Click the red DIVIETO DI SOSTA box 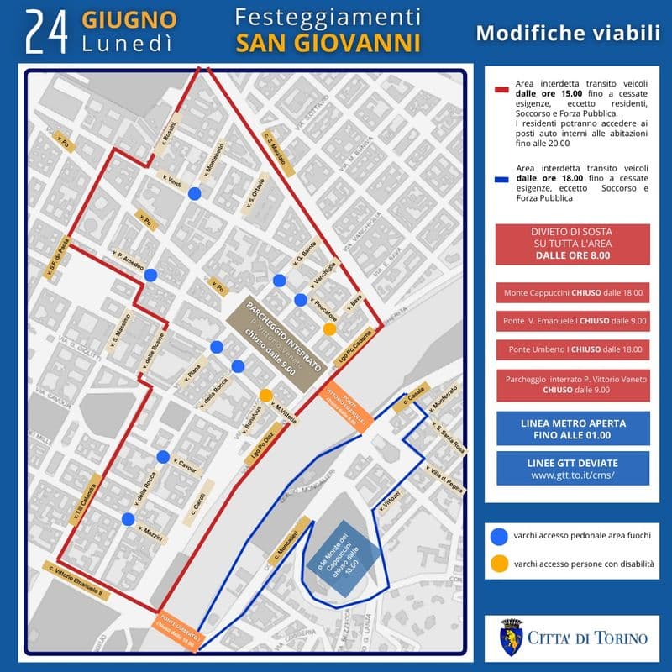click(x=571, y=244)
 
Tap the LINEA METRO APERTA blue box click(x=572, y=428)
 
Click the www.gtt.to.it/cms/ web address click(x=572, y=475)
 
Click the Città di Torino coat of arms click(x=510, y=636)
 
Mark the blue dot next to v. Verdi click(x=194, y=194)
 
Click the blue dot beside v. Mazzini click(x=128, y=519)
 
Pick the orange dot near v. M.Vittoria click(x=265, y=395)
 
